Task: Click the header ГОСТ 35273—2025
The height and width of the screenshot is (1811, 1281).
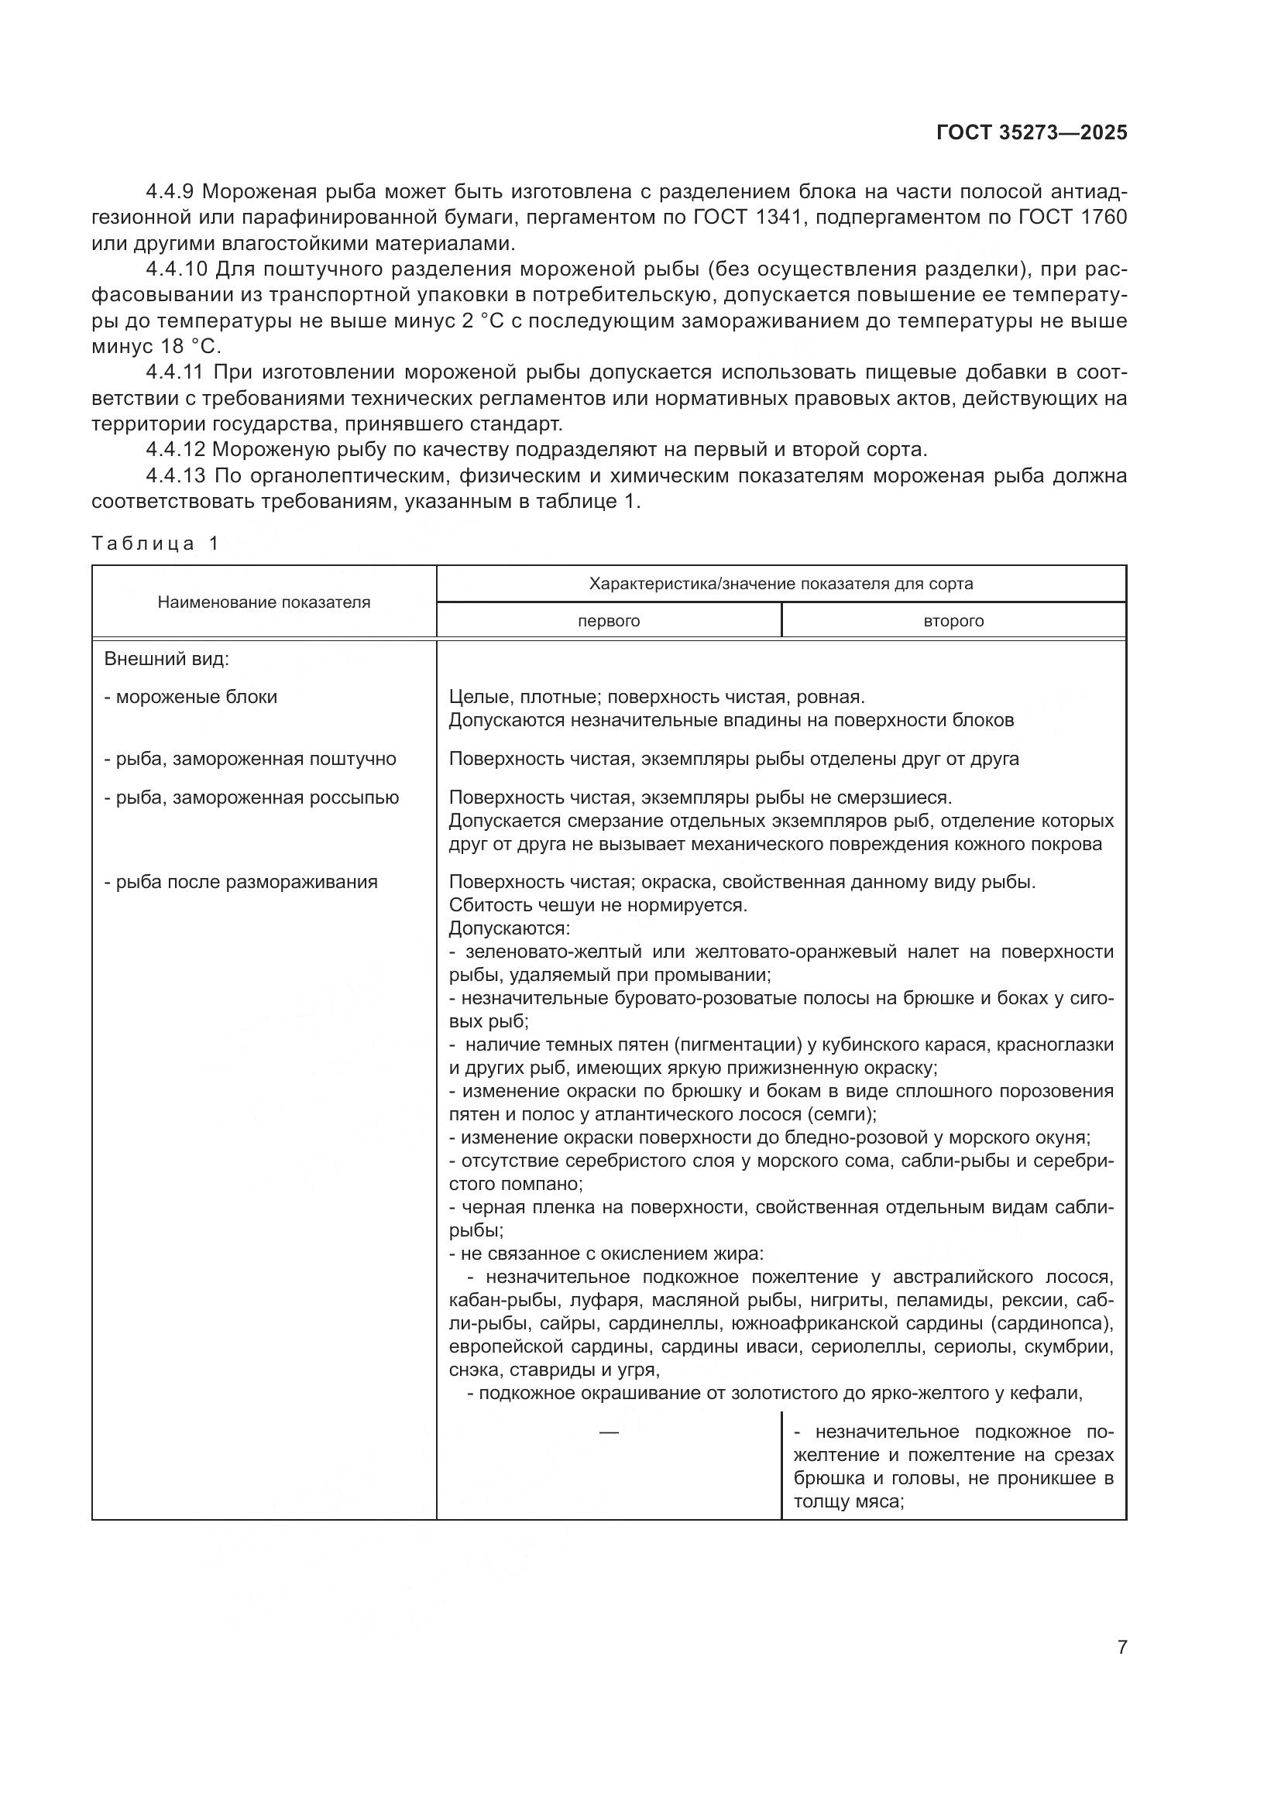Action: pos(1032,132)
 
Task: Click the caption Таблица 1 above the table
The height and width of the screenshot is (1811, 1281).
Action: pos(156,544)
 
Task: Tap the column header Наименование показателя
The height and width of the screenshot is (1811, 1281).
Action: pos(263,602)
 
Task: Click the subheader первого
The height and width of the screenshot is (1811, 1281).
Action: pos(608,621)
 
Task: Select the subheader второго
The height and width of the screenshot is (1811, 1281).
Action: pos(953,621)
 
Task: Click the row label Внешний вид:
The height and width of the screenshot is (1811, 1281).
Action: pos(167,659)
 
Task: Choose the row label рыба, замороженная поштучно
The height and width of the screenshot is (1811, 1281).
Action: pos(250,759)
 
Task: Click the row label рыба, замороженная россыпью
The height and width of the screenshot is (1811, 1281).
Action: pos(252,797)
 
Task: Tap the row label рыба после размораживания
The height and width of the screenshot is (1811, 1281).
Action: pos(241,882)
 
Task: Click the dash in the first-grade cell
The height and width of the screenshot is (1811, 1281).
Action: pos(608,1432)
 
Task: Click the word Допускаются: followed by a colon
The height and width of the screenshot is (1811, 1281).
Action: pos(510,928)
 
